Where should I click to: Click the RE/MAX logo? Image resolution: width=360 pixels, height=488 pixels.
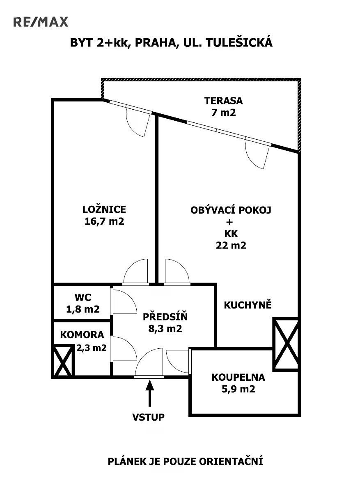point(41,22)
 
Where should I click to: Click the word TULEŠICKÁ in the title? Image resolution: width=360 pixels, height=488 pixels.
point(239,43)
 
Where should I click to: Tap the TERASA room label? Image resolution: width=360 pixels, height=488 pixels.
point(224,101)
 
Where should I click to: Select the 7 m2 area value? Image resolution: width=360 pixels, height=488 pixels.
point(224,113)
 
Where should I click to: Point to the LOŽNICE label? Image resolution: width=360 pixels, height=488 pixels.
point(104,209)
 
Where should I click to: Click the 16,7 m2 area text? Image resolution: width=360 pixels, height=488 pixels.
point(104,221)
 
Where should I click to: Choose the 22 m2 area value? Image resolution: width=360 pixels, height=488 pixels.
point(231,245)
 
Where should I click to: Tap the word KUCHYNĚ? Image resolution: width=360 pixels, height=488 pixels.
point(248,305)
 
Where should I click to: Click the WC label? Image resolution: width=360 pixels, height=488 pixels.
point(83,297)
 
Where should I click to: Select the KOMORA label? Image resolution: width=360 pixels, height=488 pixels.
point(82,335)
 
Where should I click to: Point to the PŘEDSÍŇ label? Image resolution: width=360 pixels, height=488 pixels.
point(165,317)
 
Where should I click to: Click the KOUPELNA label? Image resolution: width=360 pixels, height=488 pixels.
point(238,377)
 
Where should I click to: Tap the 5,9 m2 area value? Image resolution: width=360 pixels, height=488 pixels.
point(238,389)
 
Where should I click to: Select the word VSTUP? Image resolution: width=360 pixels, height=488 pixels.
point(148,417)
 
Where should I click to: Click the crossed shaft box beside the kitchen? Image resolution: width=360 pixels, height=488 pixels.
point(286,344)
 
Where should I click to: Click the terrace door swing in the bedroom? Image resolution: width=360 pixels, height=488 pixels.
point(138,122)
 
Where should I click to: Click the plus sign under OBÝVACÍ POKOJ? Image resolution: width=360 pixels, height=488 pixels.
point(230,222)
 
